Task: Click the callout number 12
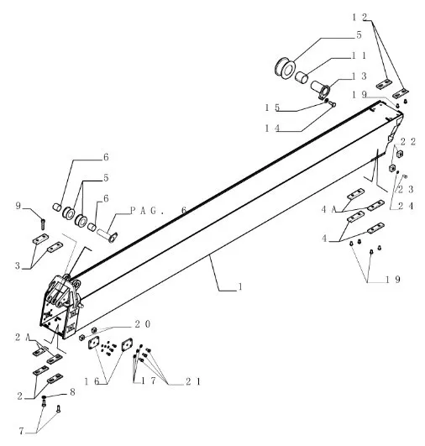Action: [x=359, y=18]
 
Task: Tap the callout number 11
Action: [x=359, y=55]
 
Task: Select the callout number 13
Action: [x=359, y=76]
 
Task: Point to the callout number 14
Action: [x=272, y=129]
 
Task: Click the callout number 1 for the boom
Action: [x=240, y=286]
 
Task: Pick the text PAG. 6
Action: [x=159, y=211]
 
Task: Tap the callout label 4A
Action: [x=329, y=210]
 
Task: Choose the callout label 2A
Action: [x=23, y=338]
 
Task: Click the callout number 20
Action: [x=142, y=324]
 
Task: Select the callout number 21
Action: [x=193, y=381]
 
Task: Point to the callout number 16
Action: [x=92, y=381]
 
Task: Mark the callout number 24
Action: [x=406, y=206]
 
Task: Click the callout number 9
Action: [x=18, y=206]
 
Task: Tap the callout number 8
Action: [x=72, y=392]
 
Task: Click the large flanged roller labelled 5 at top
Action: [x=285, y=68]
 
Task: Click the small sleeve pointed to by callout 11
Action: [x=301, y=77]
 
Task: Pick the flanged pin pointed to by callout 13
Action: [x=321, y=89]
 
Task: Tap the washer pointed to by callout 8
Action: [x=45, y=396]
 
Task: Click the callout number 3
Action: [x=18, y=266]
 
